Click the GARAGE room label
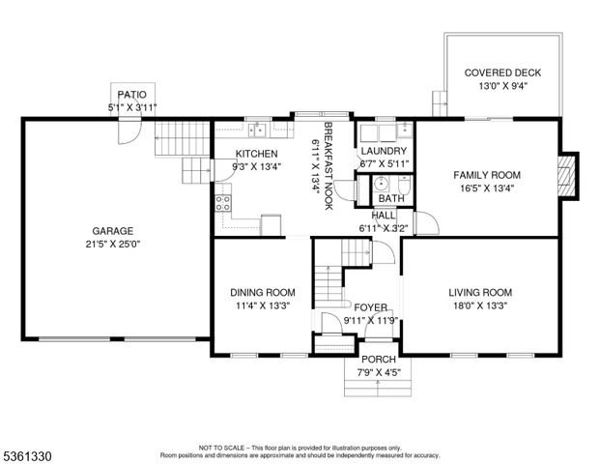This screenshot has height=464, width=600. coord(112,231)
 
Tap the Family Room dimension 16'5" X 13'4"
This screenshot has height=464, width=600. coord(487,188)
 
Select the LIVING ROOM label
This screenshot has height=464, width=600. coord(480,293)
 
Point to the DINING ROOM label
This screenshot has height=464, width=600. coord(263,293)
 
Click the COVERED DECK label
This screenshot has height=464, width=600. coord(502,72)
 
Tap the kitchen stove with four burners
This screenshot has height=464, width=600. coord(223,203)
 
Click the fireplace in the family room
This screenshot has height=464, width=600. coord(567,176)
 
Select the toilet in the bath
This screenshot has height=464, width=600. coord(404,185)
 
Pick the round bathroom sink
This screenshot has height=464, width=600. coord(381,184)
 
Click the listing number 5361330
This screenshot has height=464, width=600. coord(27,456)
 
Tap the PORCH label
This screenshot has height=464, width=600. coord(379,360)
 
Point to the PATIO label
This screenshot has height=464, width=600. coord(131,95)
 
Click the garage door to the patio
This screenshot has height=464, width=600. coord(129,130)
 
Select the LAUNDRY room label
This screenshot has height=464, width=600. coord(384,151)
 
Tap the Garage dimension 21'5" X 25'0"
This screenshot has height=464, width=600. coord(113,245)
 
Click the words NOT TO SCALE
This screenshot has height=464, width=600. coord(221,448)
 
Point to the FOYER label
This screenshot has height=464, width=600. coord(370,307)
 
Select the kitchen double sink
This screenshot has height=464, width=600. coord(257,130)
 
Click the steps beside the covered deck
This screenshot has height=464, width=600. coord(440,103)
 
